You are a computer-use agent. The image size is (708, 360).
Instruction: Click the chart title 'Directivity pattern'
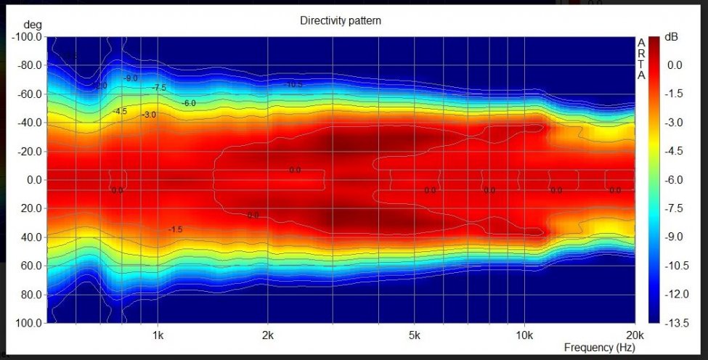coord(341,21)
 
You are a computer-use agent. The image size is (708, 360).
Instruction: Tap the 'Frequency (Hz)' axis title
coord(598,348)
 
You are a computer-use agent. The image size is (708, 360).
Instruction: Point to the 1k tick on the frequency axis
coord(158,335)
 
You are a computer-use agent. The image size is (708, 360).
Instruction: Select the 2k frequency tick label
coord(268,335)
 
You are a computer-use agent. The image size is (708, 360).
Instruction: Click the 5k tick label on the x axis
coord(414,335)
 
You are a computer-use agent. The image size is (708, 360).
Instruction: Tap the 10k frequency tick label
coord(524,335)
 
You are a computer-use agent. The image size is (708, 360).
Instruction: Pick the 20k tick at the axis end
coord(635,335)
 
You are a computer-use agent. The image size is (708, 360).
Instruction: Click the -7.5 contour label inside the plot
coord(159,88)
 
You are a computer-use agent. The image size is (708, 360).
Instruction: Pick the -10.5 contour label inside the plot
coord(293,85)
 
